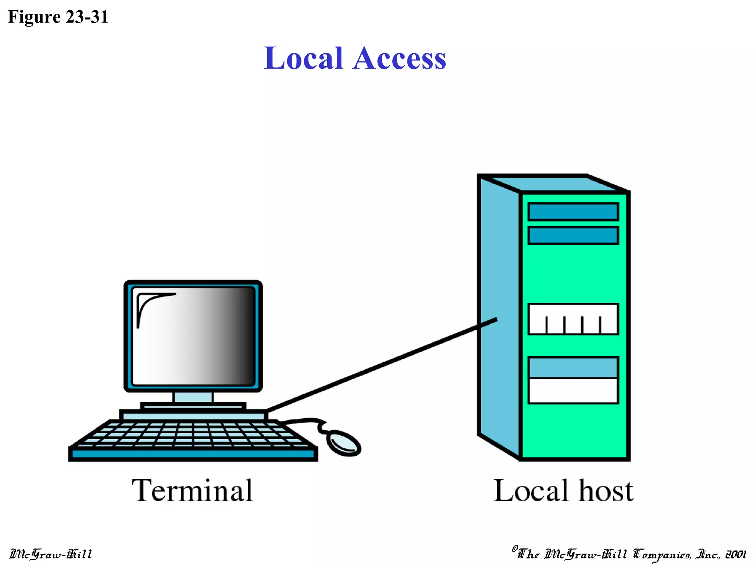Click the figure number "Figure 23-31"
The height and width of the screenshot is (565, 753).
(x=58, y=17)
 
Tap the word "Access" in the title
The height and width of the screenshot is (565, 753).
(x=399, y=58)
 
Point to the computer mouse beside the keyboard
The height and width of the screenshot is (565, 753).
(x=343, y=443)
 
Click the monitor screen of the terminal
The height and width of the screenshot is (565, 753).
(x=193, y=337)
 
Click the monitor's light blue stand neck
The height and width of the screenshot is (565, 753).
(x=193, y=397)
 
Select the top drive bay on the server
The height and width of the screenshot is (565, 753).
(x=573, y=212)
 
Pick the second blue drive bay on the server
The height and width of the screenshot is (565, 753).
(x=573, y=235)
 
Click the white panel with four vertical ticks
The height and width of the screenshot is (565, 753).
(x=573, y=319)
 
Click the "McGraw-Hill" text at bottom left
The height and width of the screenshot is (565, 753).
(x=50, y=554)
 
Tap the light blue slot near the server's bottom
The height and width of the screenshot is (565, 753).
(x=573, y=367)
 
